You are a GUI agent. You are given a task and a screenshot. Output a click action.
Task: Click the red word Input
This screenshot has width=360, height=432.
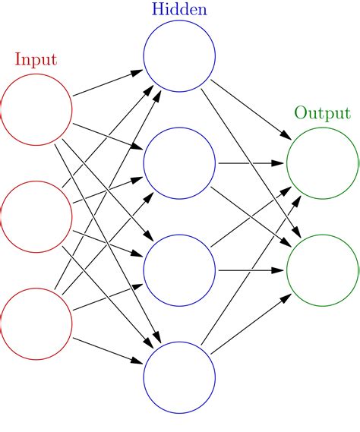coord(36,58)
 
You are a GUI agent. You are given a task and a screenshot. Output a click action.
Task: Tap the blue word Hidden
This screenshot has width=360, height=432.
coord(179,10)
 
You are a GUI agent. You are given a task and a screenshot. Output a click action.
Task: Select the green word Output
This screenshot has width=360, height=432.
coord(323,113)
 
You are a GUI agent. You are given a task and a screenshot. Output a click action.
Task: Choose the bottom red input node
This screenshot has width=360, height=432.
coord(36,324)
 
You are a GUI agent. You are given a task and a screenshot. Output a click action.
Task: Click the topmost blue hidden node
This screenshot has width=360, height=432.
coord(179,55)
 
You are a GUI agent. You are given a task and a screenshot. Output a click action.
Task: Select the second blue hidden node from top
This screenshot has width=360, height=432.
coord(179,162)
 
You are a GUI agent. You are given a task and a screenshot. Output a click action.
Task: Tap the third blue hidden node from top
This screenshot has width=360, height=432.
coord(179,270)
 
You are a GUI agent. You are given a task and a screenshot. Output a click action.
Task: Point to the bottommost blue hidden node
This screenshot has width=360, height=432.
coord(179,378)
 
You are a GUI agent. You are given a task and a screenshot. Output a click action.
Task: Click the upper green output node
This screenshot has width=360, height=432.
coord(323,162)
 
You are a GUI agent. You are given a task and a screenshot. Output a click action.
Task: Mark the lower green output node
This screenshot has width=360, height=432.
coord(323,270)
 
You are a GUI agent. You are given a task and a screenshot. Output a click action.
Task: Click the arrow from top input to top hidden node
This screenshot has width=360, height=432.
coord(106,84)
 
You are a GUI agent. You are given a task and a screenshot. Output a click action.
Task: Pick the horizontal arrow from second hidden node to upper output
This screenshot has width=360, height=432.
coord(251,162)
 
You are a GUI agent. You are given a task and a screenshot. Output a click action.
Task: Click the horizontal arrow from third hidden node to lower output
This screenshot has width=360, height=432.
coord(251,270)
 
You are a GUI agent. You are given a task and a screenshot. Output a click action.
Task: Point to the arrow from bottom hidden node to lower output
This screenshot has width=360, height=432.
coord(251,324)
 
